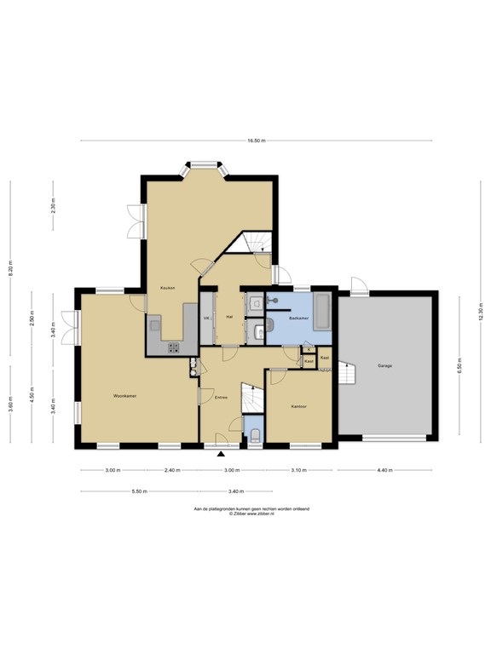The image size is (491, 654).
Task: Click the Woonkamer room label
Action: pyautogui.click(x=125, y=396)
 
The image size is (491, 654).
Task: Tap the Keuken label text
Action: pyautogui.click(x=167, y=288)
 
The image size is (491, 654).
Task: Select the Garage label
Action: pyautogui.click(x=385, y=365)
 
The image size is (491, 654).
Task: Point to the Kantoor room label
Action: pyautogui.click(x=298, y=406)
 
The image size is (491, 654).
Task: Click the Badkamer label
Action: pyautogui.click(x=298, y=318)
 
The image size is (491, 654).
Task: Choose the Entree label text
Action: pyautogui.click(x=221, y=397)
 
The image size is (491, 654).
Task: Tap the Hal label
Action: pyautogui.click(x=229, y=318)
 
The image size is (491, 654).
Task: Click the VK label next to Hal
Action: pyautogui.click(x=206, y=318)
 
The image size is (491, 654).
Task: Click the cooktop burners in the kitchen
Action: pyautogui.click(x=173, y=347)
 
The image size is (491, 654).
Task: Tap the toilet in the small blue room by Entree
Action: pyautogui.click(x=255, y=436)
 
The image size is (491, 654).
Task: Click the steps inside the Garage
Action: pyautogui.click(x=347, y=372)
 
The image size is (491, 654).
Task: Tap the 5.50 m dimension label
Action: pyautogui.click(x=139, y=491)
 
